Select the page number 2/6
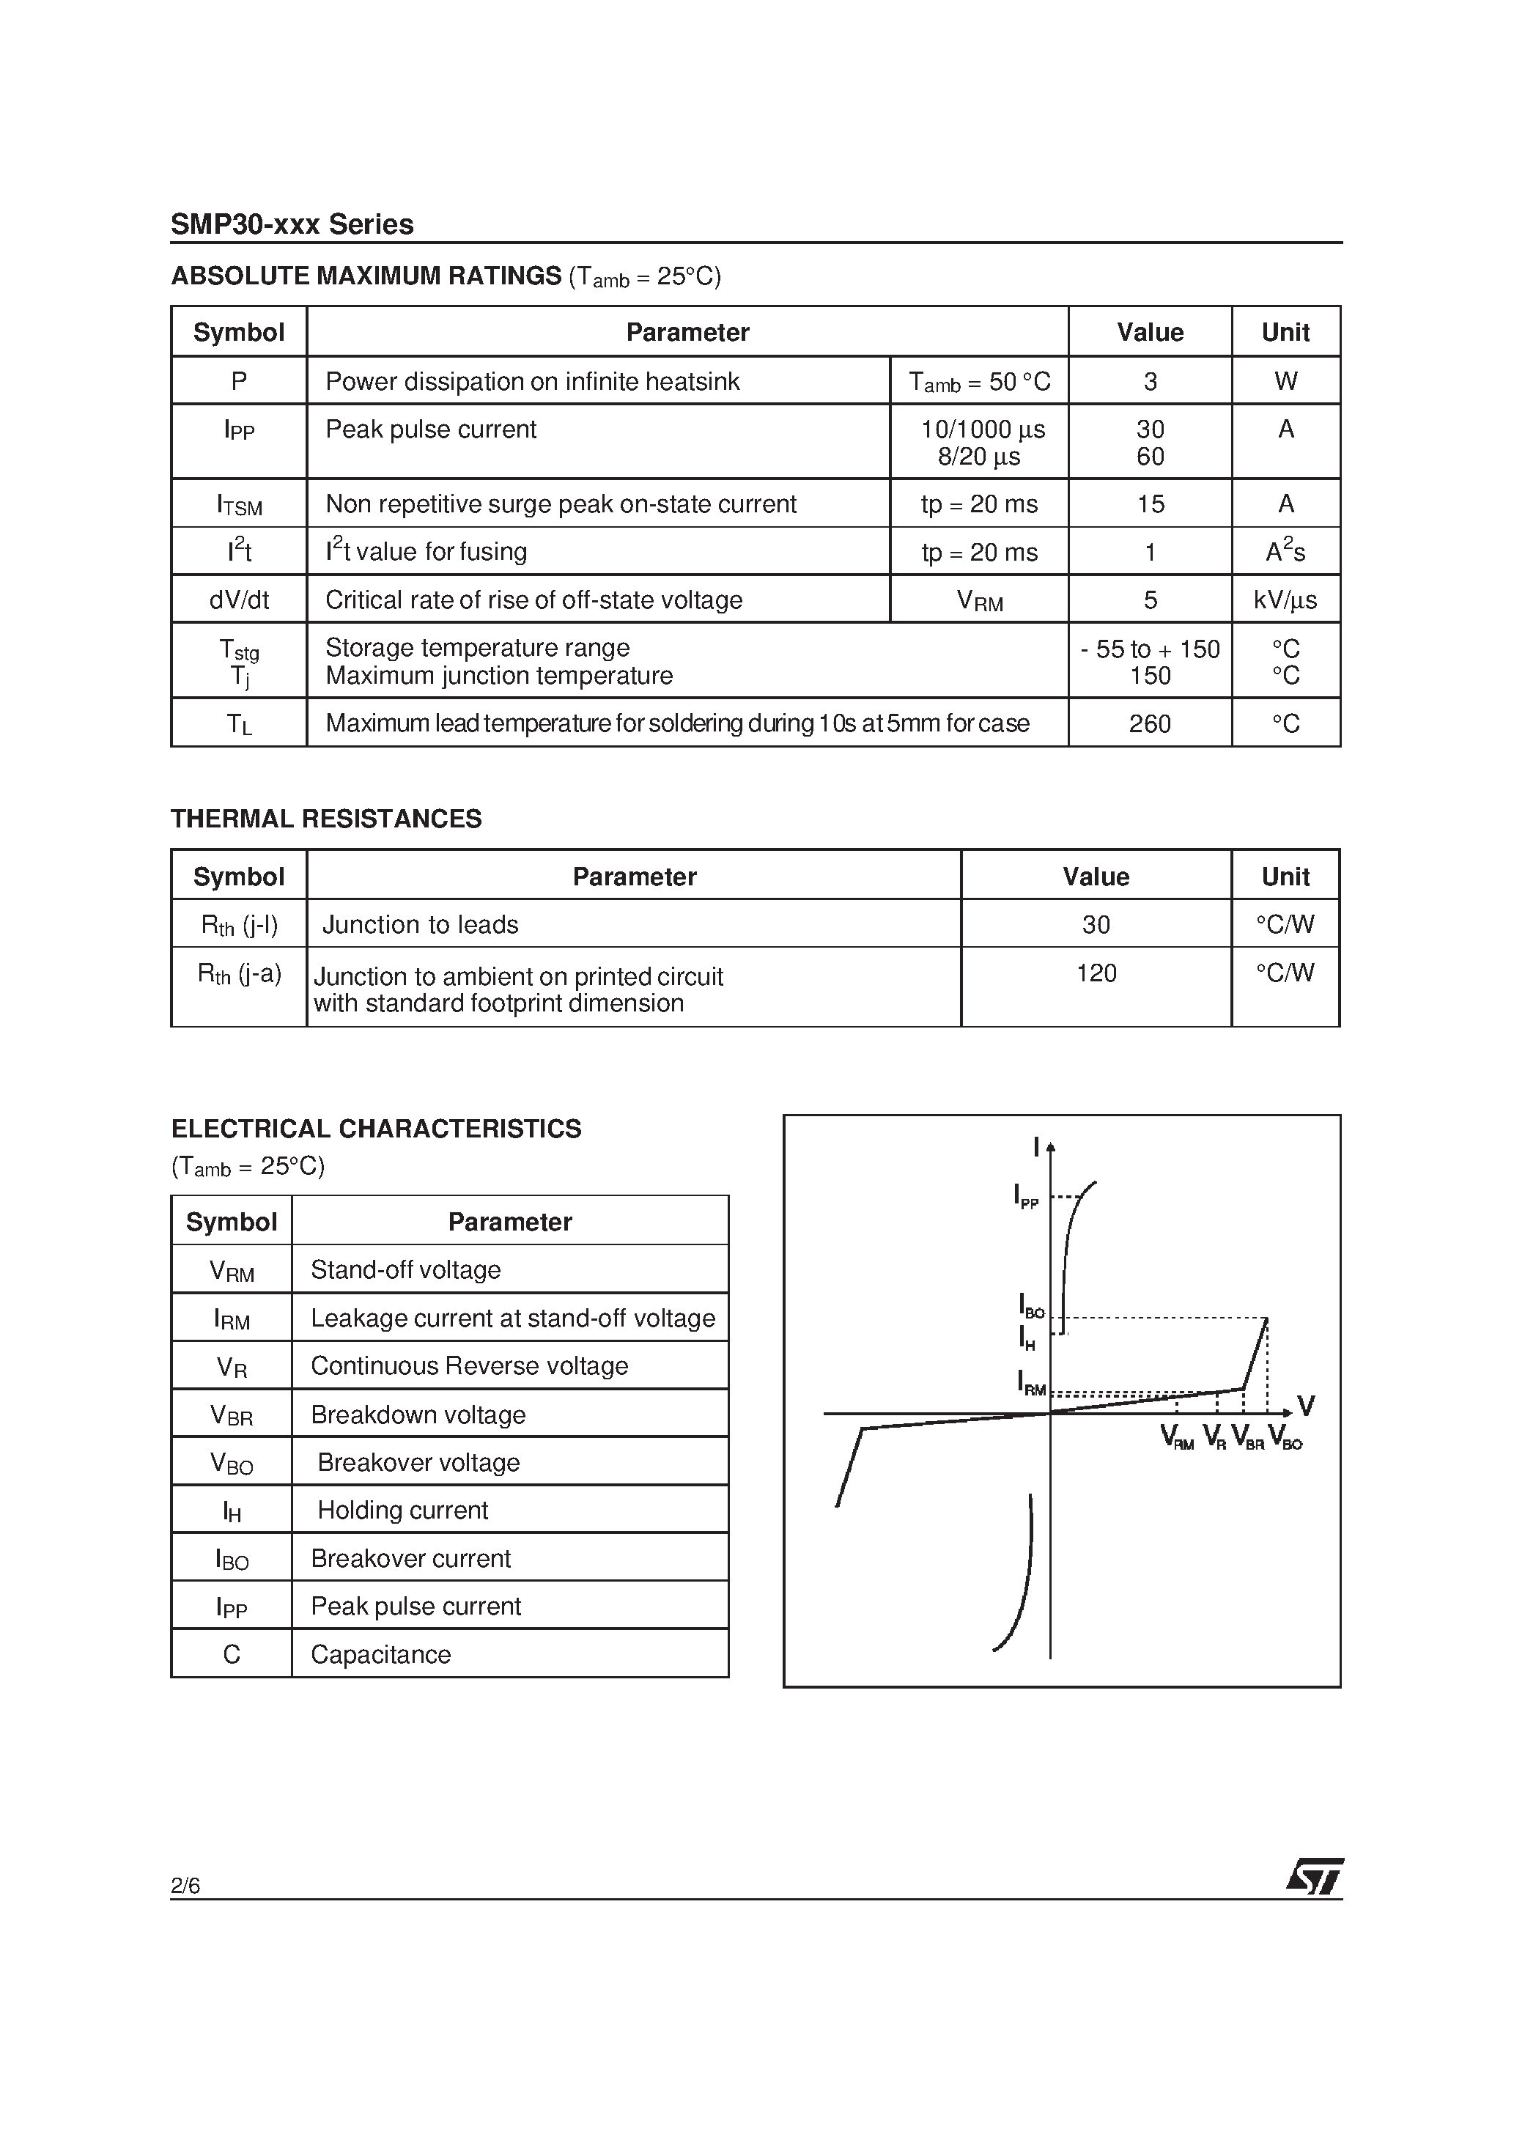tap(185, 1886)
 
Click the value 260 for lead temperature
tap(1149, 723)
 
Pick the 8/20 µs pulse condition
tap(979, 457)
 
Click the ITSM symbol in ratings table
tap(239, 505)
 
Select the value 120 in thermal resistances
tap(1096, 973)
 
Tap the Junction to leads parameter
tap(420, 924)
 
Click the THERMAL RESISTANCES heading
tap(326, 819)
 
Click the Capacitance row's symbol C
tap(232, 1654)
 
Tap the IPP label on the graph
tap(1025, 1197)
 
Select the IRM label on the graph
tap(1030, 1382)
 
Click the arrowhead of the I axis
tap(1051, 1147)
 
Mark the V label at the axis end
tap(1306, 1406)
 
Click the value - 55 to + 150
tap(1149, 649)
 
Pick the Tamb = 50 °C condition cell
tap(979, 382)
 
